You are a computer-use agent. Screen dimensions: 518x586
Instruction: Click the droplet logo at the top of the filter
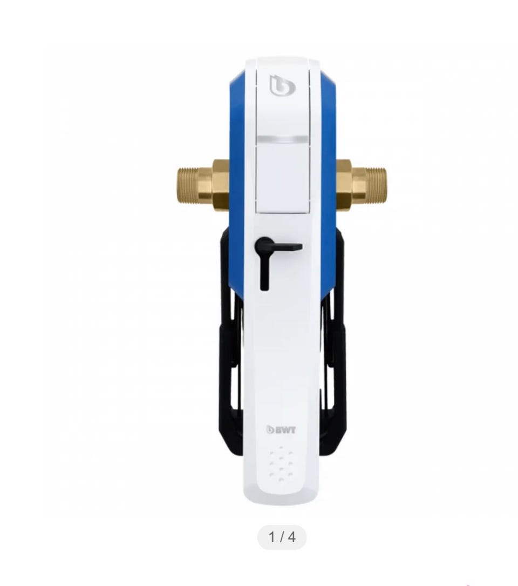click(x=282, y=85)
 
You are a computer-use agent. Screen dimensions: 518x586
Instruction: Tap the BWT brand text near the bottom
click(x=281, y=430)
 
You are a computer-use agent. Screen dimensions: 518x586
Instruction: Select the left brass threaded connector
click(x=202, y=185)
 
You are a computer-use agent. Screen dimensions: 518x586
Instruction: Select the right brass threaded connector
click(x=361, y=185)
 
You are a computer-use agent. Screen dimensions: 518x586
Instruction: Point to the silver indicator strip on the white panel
click(x=283, y=140)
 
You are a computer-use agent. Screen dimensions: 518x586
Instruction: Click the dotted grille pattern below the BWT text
click(x=281, y=463)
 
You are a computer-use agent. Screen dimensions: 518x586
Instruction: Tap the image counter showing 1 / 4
click(x=282, y=537)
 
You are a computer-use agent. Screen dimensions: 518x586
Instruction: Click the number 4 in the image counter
click(x=292, y=537)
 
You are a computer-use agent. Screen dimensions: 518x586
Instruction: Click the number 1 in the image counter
click(x=272, y=537)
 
